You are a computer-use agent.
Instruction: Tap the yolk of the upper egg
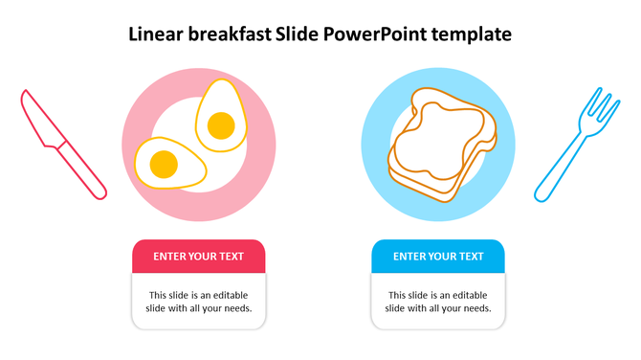point(221,124)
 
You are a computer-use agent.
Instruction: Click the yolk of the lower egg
point(164,164)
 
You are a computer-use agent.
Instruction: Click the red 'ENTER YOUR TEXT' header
point(198,257)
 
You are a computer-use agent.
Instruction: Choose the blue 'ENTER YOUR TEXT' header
point(438,257)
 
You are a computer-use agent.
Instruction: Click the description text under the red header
point(198,302)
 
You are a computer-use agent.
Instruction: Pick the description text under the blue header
point(438,302)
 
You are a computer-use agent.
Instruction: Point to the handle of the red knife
point(83,173)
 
